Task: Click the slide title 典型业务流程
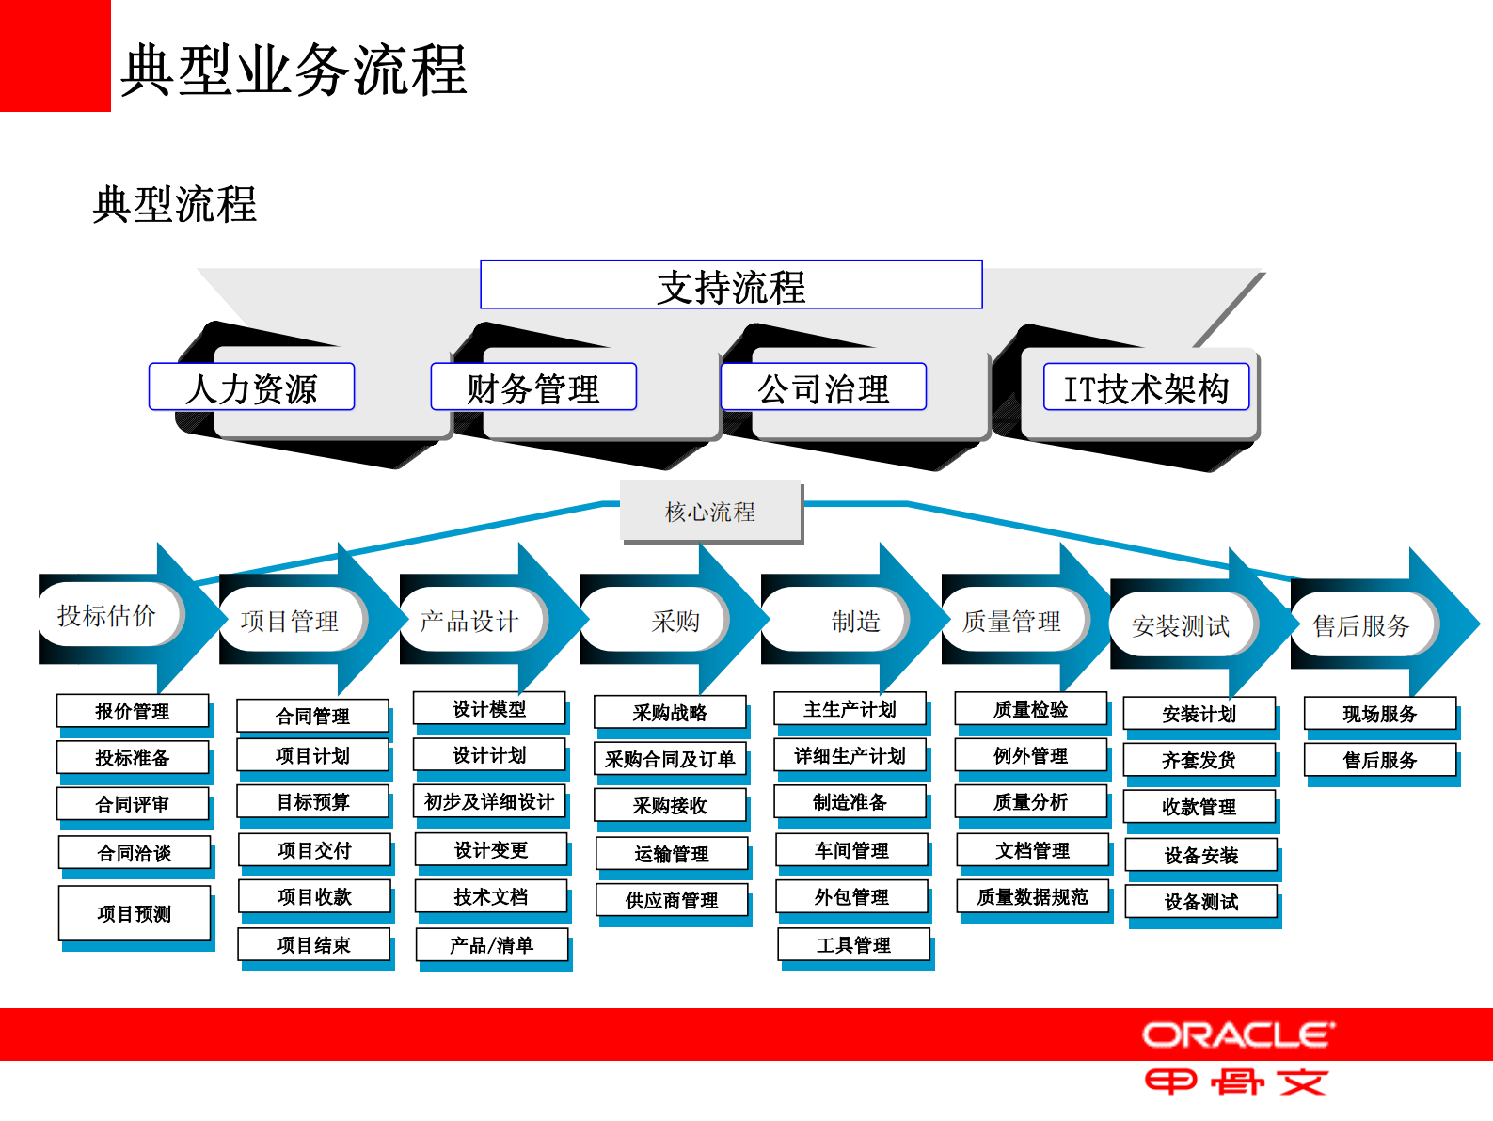[x=294, y=70]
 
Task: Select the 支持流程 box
[x=731, y=285]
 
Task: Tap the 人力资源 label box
[x=251, y=387]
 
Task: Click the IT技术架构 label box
[x=1146, y=387]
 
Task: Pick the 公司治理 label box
[x=823, y=387]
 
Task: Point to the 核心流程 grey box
[x=710, y=512]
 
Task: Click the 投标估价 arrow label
[x=106, y=616]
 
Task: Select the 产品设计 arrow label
[x=469, y=621]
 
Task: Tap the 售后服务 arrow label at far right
[x=1360, y=625]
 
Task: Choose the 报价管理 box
[x=133, y=711]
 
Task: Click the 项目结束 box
[x=313, y=945]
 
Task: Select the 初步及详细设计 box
[x=489, y=801]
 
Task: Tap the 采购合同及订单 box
[x=670, y=759]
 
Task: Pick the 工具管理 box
[x=853, y=945]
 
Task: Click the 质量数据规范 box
[x=1032, y=897]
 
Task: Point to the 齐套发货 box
[x=1199, y=760]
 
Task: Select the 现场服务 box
[x=1379, y=714]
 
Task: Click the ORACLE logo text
[x=1238, y=1035]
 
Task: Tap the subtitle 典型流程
[x=175, y=204]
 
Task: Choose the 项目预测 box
[x=135, y=913]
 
